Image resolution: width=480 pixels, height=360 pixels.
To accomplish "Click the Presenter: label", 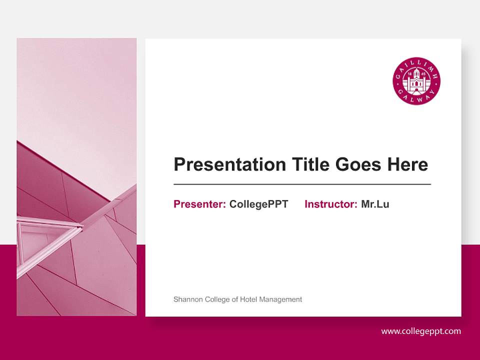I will (x=199, y=204).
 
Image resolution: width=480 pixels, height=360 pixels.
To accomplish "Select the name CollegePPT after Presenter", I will (x=258, y=204).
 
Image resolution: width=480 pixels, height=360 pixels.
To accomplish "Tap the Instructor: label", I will (x=330, y=204).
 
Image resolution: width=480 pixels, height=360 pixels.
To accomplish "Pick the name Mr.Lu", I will (x=375, y=204).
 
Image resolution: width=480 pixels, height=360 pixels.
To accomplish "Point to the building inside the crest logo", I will (x=416, y=81).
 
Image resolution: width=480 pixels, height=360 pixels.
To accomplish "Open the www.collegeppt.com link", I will (x=421, y=331).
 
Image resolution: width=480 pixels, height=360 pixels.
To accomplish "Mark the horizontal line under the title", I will (x=302, y=184).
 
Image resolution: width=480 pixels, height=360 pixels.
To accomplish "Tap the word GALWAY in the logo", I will (x=416, y=97).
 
